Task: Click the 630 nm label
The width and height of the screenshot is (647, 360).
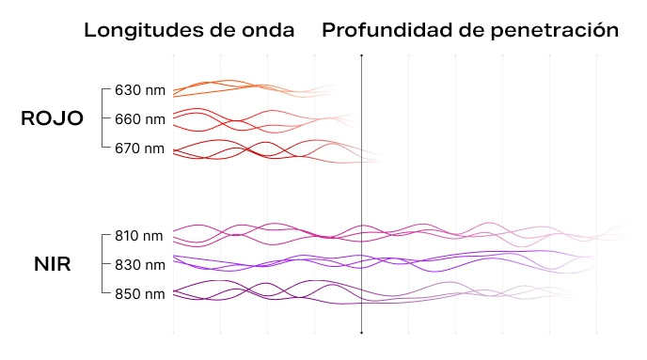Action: pos(139,91)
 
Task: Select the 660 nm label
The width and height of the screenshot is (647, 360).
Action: pos(139,119)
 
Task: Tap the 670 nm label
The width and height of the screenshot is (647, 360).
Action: pos(139,149)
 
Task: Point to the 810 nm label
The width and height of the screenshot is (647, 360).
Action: pos(139,236)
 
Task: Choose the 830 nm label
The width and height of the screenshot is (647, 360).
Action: pos(139,265)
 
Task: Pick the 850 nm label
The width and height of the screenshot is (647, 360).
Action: pos(139,294)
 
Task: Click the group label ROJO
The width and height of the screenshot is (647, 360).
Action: pos(53,119)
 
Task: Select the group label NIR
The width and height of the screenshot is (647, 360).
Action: pos(53,264)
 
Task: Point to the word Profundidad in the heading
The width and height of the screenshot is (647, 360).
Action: pos(389,30)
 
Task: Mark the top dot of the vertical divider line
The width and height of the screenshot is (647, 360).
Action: pos(362,56)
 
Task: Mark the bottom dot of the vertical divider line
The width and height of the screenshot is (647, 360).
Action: pos(362,333)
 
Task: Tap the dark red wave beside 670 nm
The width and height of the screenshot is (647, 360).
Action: pos(245,149)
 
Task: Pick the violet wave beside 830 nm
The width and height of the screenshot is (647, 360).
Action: pos(282,262)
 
